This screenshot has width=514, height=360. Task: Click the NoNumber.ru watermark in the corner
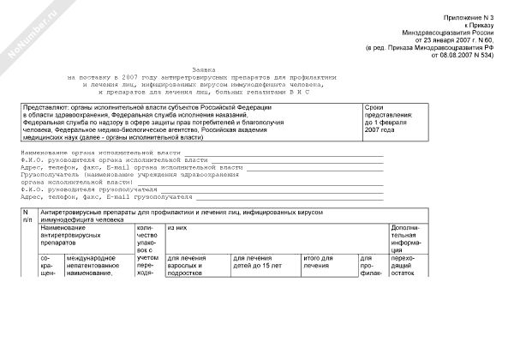[x=29, y=31]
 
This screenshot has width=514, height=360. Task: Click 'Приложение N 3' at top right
[x=475, y=17]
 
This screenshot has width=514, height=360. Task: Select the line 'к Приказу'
[x=487, y=25]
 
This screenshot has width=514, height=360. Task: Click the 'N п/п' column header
[x=26, y=215]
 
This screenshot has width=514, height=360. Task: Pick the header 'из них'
[x=177, y=228]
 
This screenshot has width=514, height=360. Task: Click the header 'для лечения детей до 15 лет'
[x=257, y=262]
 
